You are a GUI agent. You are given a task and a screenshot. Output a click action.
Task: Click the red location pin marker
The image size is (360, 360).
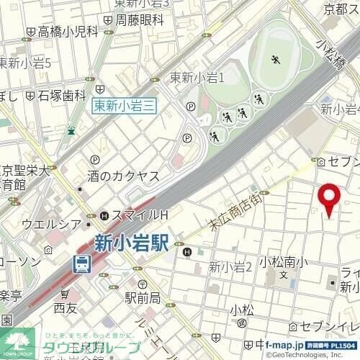pos(329,199)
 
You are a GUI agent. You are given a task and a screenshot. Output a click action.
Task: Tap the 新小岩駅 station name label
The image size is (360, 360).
pos(130,243)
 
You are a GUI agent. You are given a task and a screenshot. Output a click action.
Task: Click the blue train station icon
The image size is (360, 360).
pos(82,264)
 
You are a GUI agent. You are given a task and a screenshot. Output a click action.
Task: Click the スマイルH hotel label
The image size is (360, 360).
pos(139,215)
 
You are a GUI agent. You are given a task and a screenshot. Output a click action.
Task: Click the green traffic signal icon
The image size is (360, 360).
pos(71,130)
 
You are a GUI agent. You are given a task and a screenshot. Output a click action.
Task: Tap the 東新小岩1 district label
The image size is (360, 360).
pos(199,78)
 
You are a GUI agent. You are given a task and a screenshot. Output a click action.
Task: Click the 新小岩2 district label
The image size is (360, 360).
pos(230,267)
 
